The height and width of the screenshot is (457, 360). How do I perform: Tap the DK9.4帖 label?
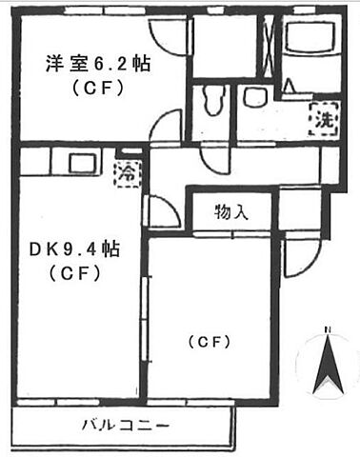(73, 250)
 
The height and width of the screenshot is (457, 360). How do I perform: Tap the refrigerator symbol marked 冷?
(126, 172)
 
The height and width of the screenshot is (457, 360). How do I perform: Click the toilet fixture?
(215, 98)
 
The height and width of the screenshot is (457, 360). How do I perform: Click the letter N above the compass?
(327, 330)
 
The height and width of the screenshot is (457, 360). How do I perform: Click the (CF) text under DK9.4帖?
(74, 274)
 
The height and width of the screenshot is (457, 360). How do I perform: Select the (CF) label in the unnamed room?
(211, 340)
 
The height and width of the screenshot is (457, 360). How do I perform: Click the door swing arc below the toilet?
(214, 135)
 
